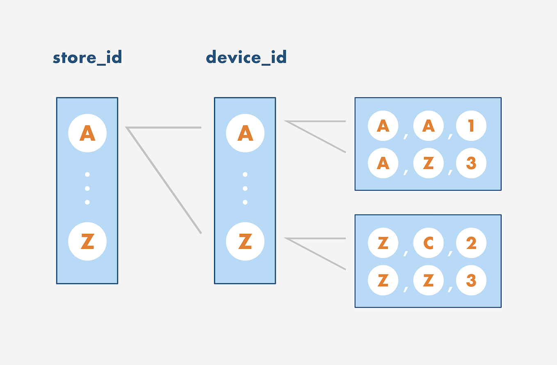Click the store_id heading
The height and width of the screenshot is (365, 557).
coord(87,58)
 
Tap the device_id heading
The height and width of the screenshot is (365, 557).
coord(246,57)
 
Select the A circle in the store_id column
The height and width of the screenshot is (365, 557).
coord(87,133)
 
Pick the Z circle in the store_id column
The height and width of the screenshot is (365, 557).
coord(87,241)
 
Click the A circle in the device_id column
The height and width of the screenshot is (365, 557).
coord(245,133)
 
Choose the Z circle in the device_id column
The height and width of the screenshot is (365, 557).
coord(245,241)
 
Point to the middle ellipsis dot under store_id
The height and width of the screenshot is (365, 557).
coord(87,188)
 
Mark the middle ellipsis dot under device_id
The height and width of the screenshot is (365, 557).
coord(245,188)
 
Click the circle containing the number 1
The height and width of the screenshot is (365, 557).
coord(471,126)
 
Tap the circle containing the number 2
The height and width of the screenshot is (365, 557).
coord(471,243)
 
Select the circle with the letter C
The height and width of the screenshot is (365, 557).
coord(429,243)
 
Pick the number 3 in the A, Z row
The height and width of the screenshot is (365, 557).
coord(471,163)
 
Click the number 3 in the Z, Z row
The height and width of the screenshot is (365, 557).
coord(471,281)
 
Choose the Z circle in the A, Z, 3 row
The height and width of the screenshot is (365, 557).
coord(429,163)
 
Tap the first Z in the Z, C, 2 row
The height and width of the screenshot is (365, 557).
coord(383,243)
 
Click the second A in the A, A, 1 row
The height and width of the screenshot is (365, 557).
coord(429,126)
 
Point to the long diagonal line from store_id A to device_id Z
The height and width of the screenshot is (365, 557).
coord(164,180)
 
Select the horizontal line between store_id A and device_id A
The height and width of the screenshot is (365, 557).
coord(164,128)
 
